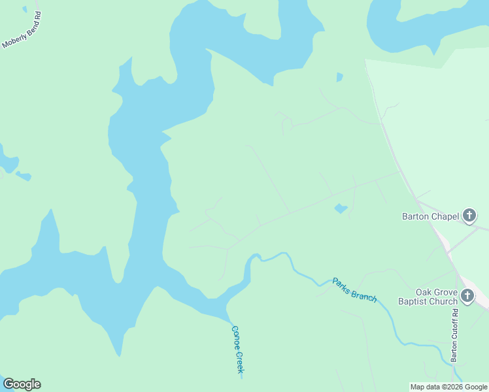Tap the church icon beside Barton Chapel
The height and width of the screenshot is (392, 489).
pyautogui.click(x=469, y=216)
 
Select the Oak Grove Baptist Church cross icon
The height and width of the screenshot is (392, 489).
pyautogui.click(x=467, y=297)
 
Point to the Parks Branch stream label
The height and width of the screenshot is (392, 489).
pyautogui.click(x=354, y=289)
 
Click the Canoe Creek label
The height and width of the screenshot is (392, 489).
pyautogui.click(x=237, y=350)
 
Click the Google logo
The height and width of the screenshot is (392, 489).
pyautogui.click(x=22, y=384)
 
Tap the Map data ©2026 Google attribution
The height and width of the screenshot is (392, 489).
pyautogui.click(x=449, y=387)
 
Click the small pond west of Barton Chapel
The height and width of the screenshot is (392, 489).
pyautogui.click(x=340, y=208)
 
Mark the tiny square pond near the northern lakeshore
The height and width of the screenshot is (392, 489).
pyautogui.click(x=339, y=77)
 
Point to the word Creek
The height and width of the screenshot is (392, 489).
pyautogui.click(x=239, y=362)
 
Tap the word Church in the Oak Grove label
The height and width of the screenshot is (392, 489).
pyautogui.click(x=442, y=301)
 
